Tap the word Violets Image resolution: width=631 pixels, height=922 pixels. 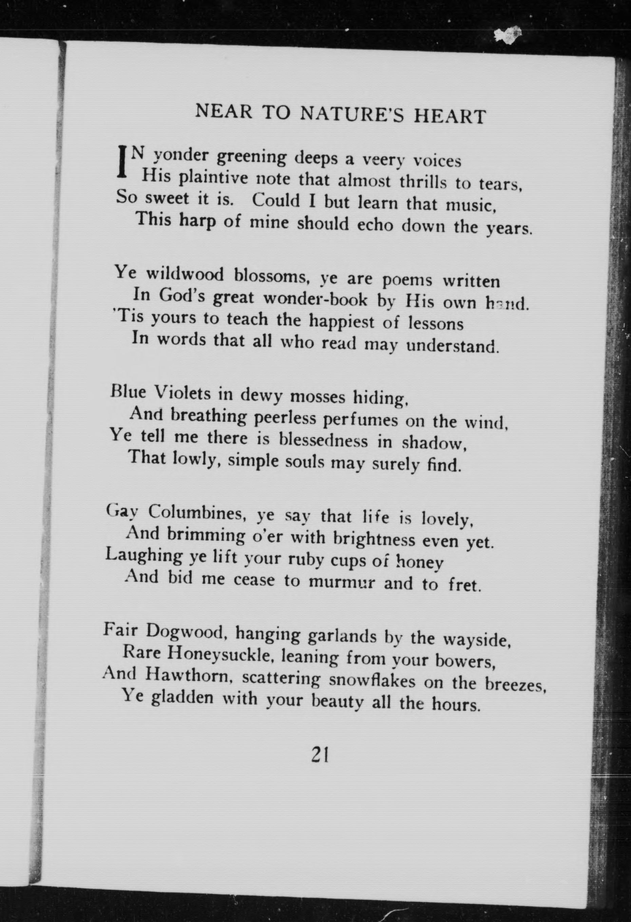tap(183, 393)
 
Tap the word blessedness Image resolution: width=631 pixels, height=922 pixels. tap(323, 441)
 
